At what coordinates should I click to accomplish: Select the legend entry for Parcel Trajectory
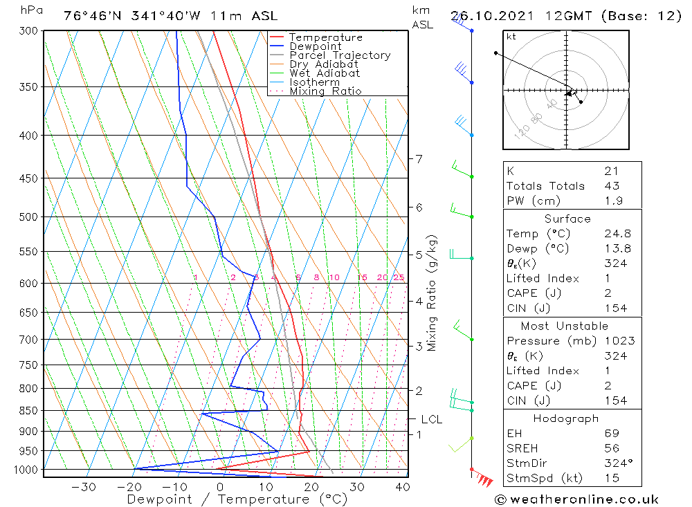[340, 55]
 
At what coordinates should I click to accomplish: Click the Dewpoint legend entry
[315, 46]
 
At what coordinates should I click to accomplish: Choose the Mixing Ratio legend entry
[325, 91]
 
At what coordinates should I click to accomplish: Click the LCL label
[431, 419]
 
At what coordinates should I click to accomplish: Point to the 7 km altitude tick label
[419, 159]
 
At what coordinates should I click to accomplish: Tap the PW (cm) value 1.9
[614, 201]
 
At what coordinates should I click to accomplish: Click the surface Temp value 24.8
[617, 234]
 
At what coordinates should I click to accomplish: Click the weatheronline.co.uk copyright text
[577, 499]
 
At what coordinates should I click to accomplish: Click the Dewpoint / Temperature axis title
[237, 499]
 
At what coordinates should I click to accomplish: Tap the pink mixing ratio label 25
[399, 277]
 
